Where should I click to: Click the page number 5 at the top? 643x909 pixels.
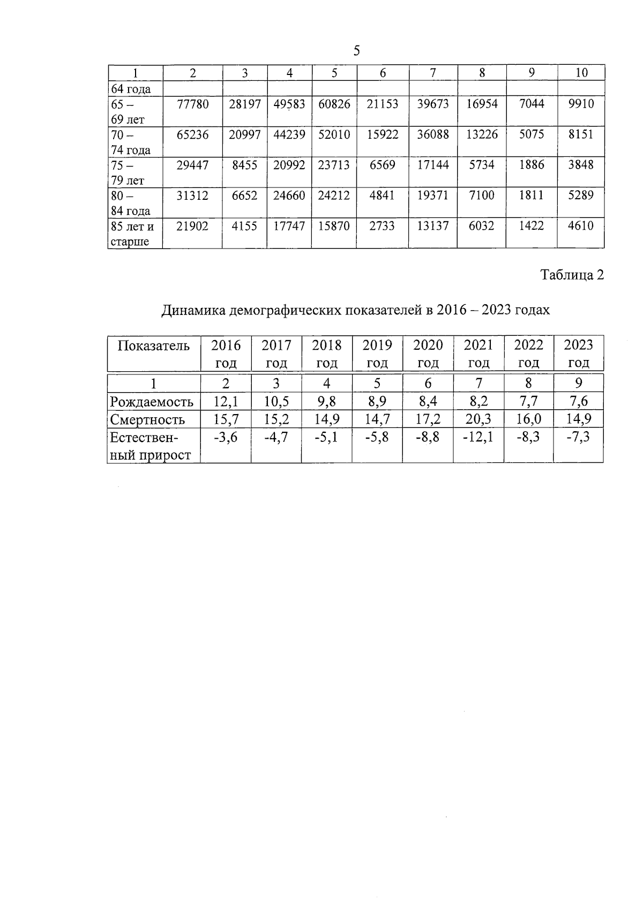(x=356, y=51)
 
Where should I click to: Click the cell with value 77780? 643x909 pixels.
(x=192, y=104)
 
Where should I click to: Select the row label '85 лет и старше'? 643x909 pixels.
(x=132, y=234)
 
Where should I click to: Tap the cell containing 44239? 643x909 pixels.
(x=289, y=134)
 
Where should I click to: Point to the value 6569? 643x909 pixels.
(x=382, y=165)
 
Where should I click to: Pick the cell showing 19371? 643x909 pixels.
(x=432, y=196)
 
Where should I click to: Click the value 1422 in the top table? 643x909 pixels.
(x=531, y=226)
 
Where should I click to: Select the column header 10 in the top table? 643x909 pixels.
(x=581, y=73)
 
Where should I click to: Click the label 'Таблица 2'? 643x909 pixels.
(x=572, y=275)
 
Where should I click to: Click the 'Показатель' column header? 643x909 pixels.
(x=153, y=345)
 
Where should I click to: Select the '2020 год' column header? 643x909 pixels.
(x=428, y=354)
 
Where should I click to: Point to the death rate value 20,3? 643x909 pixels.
(x=478, y=419)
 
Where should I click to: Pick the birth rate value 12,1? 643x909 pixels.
(x=226, y=401)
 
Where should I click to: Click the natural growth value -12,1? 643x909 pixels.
(x=478, y=437)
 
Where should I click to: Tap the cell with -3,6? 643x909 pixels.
(x=226, y=437)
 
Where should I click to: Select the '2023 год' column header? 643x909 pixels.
(x=578, y=354)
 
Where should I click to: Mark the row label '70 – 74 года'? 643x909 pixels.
(x=130, y=142)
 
